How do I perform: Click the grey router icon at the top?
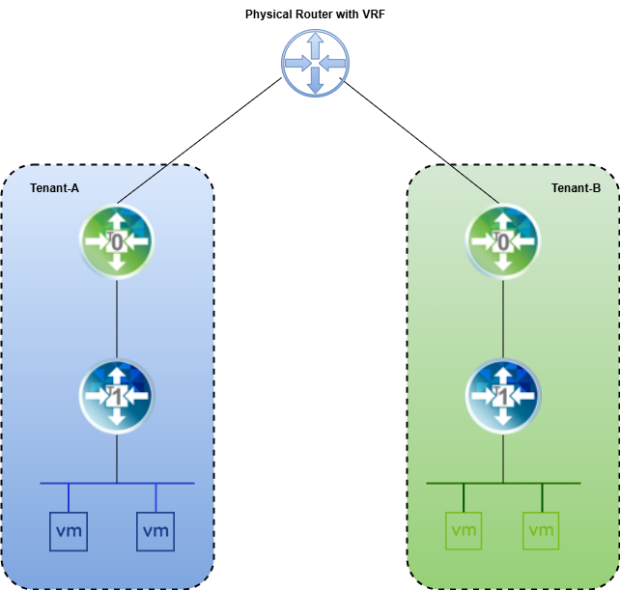pos(315,63)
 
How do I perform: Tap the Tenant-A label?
pos(54,187)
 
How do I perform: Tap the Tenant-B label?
pos(576,187)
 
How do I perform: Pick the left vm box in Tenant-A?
pos(69,530)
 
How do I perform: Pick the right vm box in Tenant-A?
pos(155,530)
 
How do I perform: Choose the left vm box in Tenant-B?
pos(464,530)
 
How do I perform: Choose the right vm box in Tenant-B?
pos(541,530)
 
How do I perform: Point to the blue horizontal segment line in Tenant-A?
pos(58,483)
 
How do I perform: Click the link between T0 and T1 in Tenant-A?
pos(117,319)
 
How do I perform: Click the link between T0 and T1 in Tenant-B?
pos(502,319)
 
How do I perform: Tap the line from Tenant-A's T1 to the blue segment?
pos(117,458)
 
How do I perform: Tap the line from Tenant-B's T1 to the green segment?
pos(502,458)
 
